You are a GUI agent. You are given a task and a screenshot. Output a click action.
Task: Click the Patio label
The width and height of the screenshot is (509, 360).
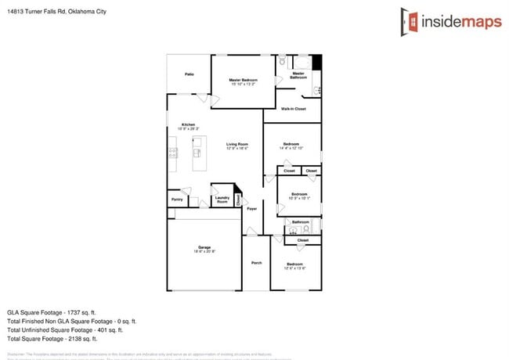point(189,74)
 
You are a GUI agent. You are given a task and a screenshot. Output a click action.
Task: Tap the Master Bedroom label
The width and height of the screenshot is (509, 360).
point(244,81)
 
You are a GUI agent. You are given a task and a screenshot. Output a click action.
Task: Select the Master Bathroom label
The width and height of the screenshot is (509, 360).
point(298,75)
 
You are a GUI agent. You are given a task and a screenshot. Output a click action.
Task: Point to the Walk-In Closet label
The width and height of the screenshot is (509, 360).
point(293,108)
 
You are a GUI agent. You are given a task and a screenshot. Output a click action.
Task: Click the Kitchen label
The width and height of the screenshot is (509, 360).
point(189,125)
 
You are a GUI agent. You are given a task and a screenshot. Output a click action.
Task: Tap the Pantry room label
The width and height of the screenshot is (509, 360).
point(176,200)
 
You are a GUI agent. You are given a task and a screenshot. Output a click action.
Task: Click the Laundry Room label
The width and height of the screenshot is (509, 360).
point(222,200)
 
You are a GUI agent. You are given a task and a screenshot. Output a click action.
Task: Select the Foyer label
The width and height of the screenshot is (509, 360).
point(251,210)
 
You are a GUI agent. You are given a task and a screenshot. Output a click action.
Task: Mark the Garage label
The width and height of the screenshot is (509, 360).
point(204,247)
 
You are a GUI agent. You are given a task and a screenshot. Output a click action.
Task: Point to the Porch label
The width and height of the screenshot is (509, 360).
point(256,263)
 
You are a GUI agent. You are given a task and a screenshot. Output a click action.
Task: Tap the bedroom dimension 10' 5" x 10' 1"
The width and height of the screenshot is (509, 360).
point(300,198)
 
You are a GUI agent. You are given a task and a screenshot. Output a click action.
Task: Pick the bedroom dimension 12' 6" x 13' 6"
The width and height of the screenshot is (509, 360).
point(294,268)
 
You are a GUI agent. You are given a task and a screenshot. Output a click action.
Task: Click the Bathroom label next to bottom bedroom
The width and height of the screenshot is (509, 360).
point(301,222)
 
